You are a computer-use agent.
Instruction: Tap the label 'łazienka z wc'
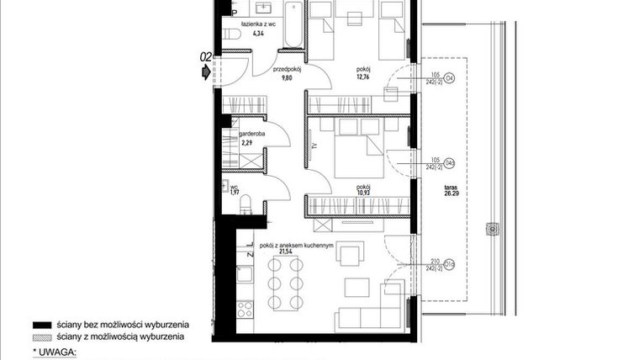coord(259,25)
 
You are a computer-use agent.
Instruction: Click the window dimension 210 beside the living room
coord(434,262)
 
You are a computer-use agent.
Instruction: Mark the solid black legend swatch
coord(42,324)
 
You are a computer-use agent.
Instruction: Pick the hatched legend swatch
coord(42,336)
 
